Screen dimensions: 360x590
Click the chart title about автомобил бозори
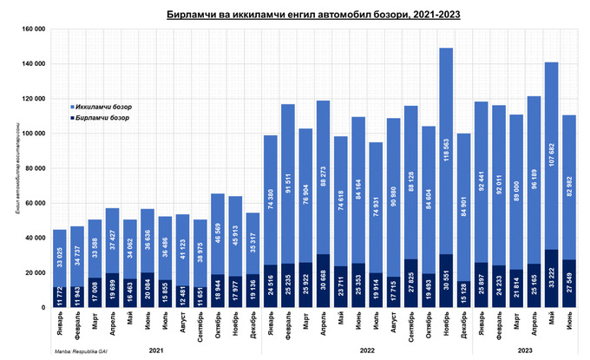pyautogui.click(x=295, y=15)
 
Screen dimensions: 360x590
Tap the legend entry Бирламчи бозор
pyautogui.click(x=95, y=117)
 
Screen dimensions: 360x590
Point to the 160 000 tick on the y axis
pyautogui.click(x=32, y=29)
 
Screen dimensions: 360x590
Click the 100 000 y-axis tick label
pyautogui.click(x=32, y=134)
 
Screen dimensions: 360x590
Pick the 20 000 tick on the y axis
pyautogui.click(x=34, y=272)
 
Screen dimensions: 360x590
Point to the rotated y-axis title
pyautogui.click(x=16, y=168)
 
